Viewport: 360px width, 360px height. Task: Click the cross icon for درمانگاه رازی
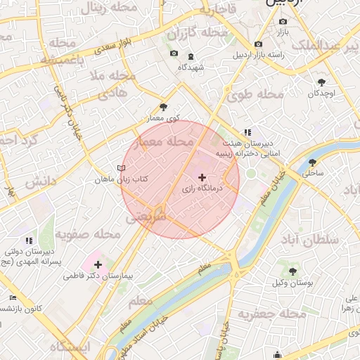coord(202,177)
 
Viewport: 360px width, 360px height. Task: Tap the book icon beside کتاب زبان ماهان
coord(121,169)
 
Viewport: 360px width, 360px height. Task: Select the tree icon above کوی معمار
coord(164,107)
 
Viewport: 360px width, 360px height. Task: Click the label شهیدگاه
coord(191,67)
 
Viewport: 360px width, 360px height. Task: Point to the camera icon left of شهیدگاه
coord(174,53)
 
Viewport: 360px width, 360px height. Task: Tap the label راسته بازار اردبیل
coord(259,55)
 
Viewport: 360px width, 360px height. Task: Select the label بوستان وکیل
coord(291,283)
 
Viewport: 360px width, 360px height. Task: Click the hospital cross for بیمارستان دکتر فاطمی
coord(98,265)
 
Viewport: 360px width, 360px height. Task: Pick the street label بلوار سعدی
coord(115,49)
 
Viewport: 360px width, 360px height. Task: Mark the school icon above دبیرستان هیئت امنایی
coord(247,131)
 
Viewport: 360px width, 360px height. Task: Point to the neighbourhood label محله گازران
coord(198,33)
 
